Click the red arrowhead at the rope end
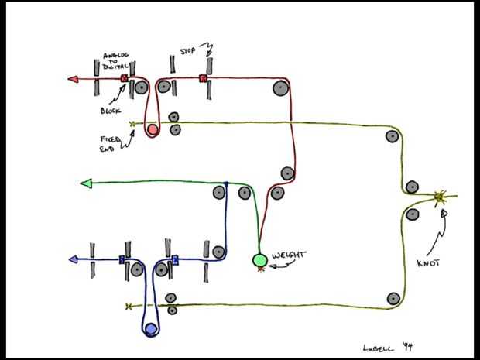73,78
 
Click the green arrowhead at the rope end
86,183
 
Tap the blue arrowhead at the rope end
74,259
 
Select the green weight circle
260,260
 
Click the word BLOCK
111,109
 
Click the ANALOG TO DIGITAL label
119,61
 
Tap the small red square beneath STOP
203,78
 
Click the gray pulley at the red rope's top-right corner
278,89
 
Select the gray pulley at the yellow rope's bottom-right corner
393,298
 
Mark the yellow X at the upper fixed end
132,124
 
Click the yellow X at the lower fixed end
129,307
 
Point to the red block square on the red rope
124,79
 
